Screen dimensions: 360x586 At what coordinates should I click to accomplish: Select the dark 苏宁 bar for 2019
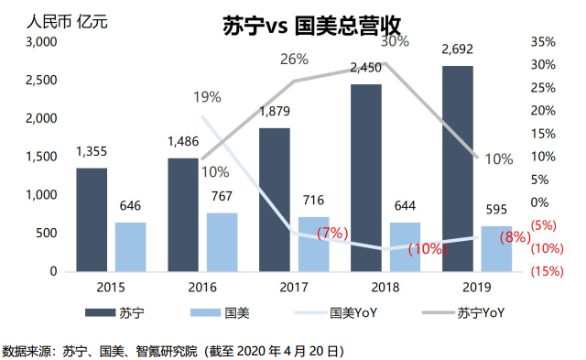pos(458,169)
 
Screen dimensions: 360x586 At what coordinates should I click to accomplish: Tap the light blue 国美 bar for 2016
pos(222,242)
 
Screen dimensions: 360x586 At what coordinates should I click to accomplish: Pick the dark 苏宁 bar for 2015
pos(92,220)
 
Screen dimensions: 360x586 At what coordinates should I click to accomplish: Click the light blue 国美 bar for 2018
pos(406,246)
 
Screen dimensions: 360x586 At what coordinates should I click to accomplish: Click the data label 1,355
pos(92,152)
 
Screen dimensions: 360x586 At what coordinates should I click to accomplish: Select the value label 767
pos(222,197)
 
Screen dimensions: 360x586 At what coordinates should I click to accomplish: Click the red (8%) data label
pos(515,238)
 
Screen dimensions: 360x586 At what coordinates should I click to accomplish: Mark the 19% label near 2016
pos(207,96)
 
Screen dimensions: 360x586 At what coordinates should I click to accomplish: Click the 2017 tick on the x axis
pos(294,287)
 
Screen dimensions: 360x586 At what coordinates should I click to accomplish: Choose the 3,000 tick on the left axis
pos(41,42)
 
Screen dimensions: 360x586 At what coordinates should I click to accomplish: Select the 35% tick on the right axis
pos(543,42)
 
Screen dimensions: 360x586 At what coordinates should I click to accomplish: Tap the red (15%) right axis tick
pos(547,271)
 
